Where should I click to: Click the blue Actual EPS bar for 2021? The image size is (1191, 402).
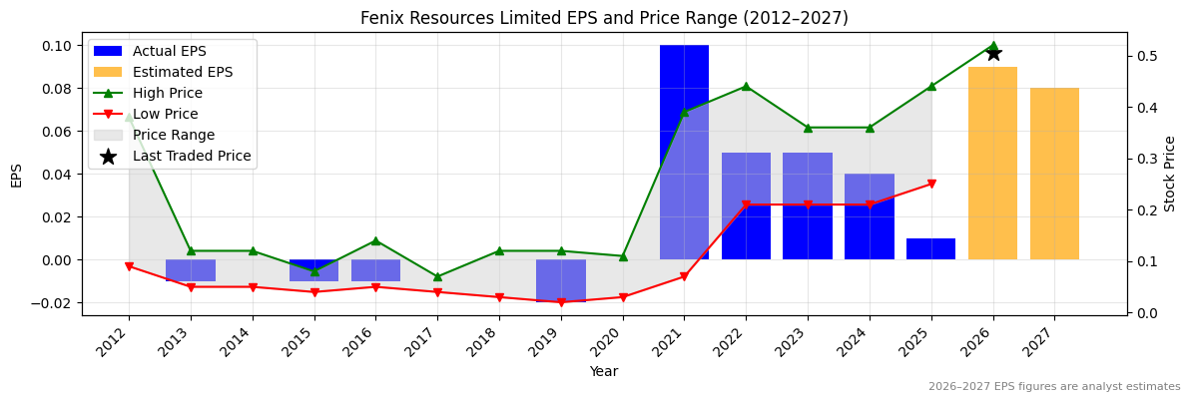pos(684,152)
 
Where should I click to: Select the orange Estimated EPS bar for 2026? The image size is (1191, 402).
pos(992,163)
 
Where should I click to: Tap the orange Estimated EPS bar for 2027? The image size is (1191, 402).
pos(1054,174)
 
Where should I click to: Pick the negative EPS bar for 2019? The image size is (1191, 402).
pos(560,280)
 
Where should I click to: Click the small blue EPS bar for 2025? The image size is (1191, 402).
pos(930,248)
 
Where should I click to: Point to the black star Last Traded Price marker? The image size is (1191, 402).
pos(993,53)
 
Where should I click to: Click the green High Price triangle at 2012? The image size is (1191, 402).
pos(129,117)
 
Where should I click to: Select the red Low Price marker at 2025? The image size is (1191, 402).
pos(931,184)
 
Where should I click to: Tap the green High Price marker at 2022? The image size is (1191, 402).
pos(746,86)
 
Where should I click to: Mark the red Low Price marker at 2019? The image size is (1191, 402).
pos(561,302)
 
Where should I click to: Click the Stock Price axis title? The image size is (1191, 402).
pos(1170,174)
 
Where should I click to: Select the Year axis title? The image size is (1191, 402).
pos(603,371)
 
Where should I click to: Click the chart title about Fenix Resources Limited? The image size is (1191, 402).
pos(604,18)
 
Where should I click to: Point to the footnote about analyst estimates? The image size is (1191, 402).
pos(1054,387)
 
